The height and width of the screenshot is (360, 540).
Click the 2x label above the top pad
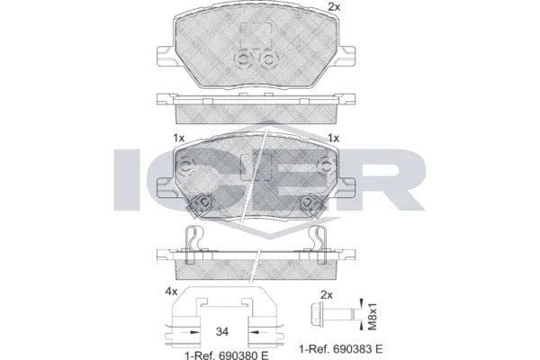tap(335, 7)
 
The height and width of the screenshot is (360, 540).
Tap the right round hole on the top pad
tap(268, 59)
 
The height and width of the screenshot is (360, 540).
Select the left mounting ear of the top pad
tap(165, 55)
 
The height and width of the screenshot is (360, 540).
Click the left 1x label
tap(178, 139)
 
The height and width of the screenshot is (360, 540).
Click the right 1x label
tap(333, 139)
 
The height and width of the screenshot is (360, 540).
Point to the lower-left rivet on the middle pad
tap(205, 202)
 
